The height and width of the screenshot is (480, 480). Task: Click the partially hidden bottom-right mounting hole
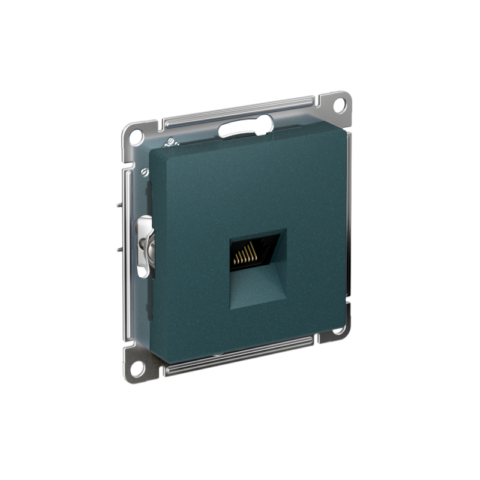point(338,329)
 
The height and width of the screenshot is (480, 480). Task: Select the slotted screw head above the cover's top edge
point(169,142)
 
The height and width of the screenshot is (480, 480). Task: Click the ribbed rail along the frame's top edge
point(240,111)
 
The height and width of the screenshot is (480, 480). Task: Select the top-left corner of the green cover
point(152,151)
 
